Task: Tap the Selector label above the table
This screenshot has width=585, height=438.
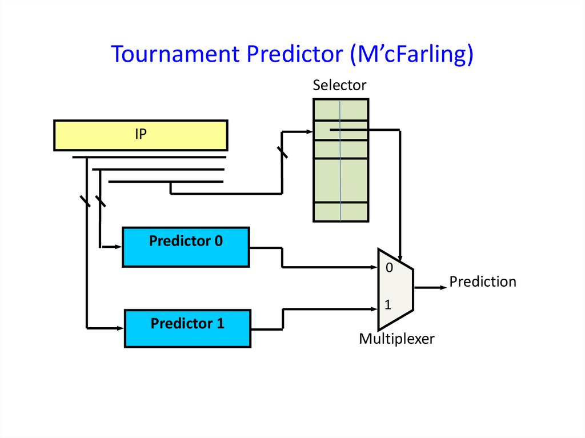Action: (339, 86)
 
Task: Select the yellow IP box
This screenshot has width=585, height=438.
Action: (141, 135)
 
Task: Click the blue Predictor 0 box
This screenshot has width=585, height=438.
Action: (186, 247)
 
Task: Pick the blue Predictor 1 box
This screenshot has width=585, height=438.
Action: (187, 328)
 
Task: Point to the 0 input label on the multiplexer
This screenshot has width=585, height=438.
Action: (389, 268)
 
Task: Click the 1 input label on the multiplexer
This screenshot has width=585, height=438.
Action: (388, 305)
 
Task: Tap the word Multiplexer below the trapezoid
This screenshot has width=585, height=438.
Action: (396, 339)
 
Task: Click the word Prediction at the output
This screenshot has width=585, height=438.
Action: (482, 282)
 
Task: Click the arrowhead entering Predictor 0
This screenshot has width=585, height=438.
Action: (119, 247)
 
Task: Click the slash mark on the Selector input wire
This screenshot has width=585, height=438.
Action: (282, 152)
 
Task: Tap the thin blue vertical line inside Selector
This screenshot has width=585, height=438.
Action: (340, 171)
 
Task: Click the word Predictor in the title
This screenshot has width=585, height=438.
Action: (295, 54)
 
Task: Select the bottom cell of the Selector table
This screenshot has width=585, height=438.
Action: (340, 212)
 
